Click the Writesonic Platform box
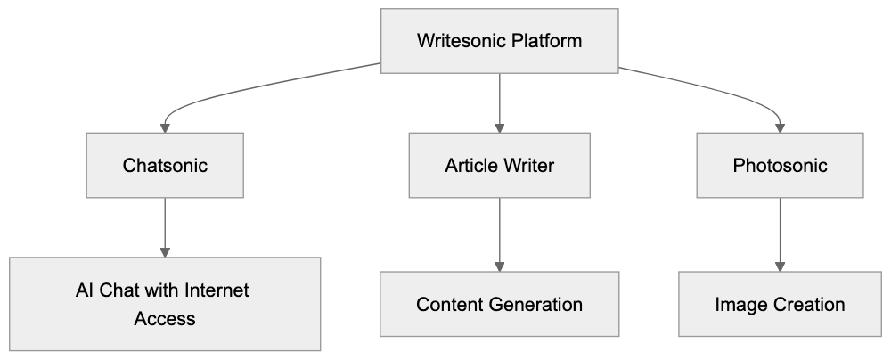pos(499,40)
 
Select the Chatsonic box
pos(165,166)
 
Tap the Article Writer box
pos(499,166)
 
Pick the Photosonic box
pos(781,166)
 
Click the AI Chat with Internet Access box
pos(165,304)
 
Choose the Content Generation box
pos(499,304)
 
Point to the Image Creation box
pos(781,304)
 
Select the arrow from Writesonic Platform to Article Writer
pos(499,102)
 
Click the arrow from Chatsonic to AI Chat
pos(165,227)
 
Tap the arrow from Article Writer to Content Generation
pos(499,233)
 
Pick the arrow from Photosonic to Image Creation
pos(781,233)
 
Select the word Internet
pos(217,290)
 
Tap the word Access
pos(165,318)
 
